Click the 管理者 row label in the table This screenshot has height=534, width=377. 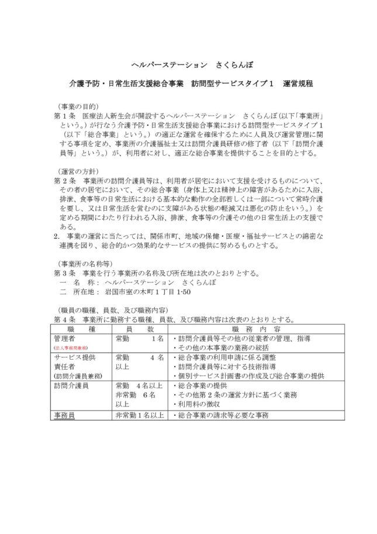click(65, 339)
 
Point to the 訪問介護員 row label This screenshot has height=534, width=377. click(71, 386)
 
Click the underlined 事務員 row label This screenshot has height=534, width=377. click(65, 415)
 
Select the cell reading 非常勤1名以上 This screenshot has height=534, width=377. click(139, 415)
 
